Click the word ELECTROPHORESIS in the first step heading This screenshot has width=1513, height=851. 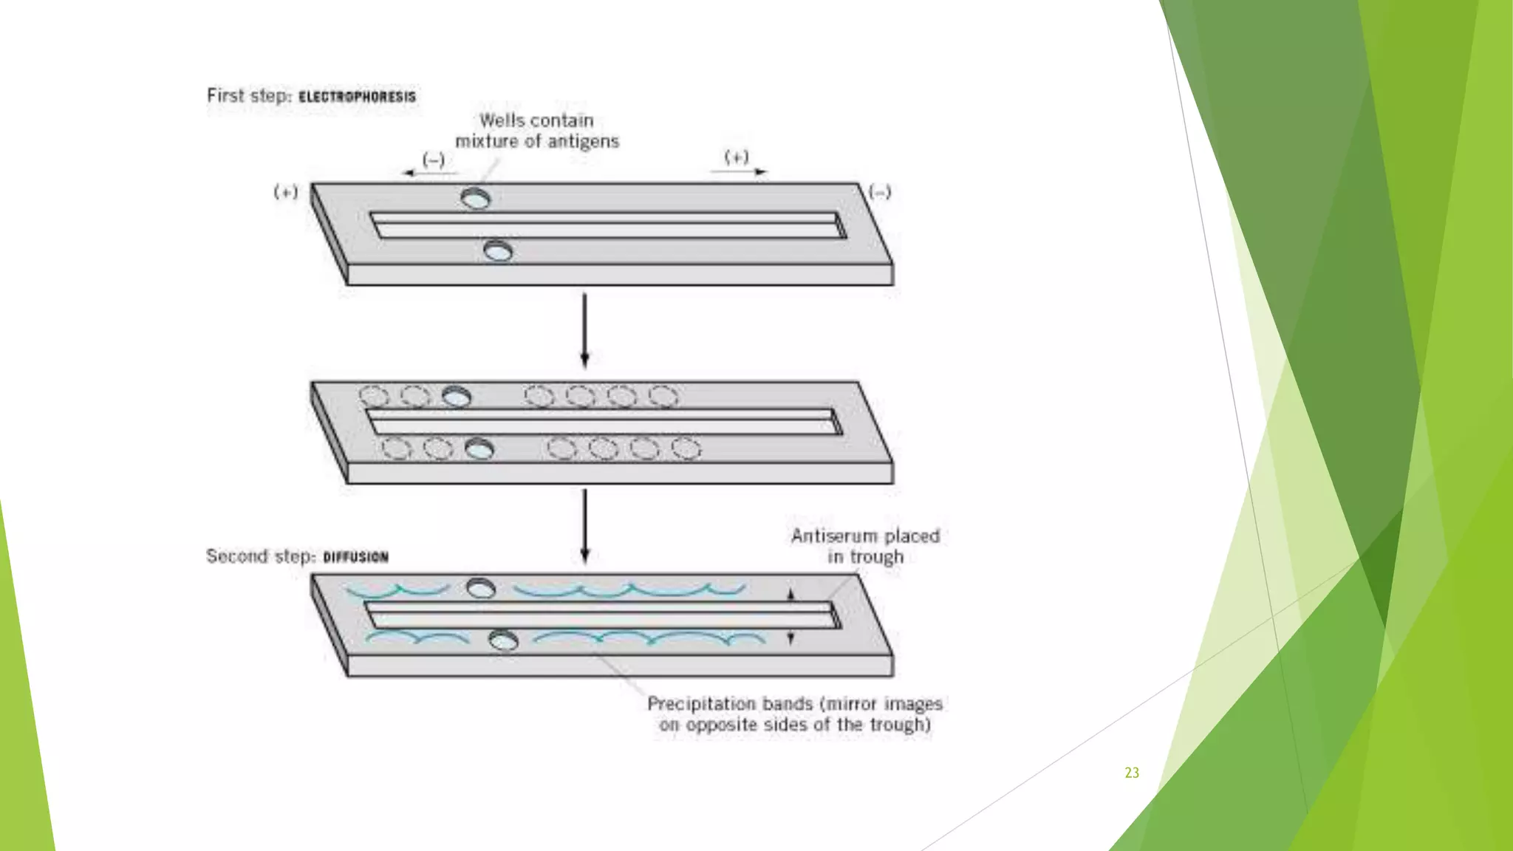(357, 97)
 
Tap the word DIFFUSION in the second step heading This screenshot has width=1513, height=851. (355, 557)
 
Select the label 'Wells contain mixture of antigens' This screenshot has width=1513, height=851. (536, 131)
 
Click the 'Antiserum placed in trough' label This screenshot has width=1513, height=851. (865, 546)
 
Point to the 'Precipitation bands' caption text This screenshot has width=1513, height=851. (795, 714)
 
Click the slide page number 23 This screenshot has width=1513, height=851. (1131, 773)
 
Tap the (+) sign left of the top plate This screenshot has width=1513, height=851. (286, 192)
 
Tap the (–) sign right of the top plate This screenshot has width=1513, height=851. (879, 192)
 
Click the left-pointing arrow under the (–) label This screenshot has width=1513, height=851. (428, 173)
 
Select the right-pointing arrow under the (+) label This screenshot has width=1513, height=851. (739, 171)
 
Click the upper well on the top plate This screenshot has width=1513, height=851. (475, 198)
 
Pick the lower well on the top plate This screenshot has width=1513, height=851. (498, 251)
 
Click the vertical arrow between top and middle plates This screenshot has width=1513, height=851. (584, 329)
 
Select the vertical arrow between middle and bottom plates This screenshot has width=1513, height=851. (584, 524)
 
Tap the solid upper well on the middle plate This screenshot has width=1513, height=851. (456, 397)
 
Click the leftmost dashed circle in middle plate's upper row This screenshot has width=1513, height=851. (374, 396)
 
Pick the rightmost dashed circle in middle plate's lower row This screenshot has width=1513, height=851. (686, 448)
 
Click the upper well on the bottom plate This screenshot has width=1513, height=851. (481, 588)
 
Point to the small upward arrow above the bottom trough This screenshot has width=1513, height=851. (790, 594)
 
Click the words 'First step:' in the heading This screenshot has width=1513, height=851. (250, 96)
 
